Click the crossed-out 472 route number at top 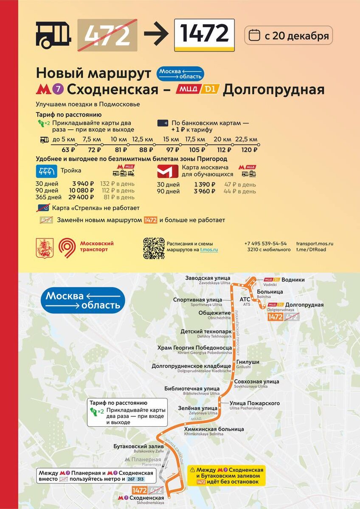coord(107,35)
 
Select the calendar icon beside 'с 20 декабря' coord(254,36)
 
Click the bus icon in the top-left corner coord(53,35)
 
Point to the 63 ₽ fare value coord(68,150)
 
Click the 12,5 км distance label coord(143,140)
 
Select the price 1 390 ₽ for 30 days coord(205,185)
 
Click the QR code coord(153,248)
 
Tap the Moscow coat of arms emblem coord(45,248)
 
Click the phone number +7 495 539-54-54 coord(265,243)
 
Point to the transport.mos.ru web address coord(314,243)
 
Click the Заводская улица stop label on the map coord(208,278)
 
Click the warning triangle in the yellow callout coord(193,470)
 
